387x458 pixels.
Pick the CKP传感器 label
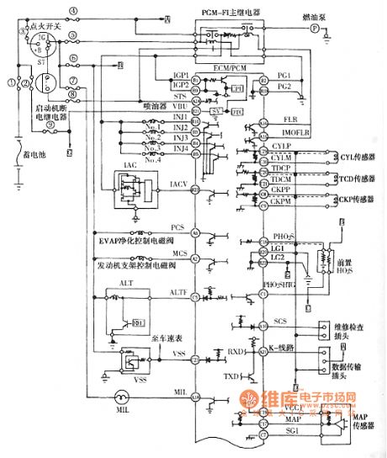(340, 202)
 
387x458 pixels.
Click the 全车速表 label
(167, 338)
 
